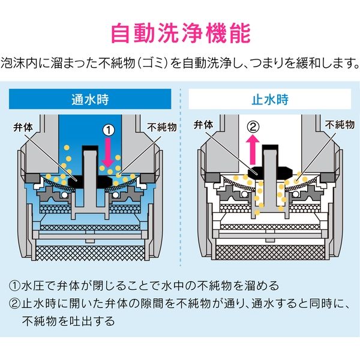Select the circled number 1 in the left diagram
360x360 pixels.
coord(109,129)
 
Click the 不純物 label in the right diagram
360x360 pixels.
coord(338,127)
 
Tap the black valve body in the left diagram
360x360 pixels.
coord(89,178)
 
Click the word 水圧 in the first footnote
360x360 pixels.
coord(35,285)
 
